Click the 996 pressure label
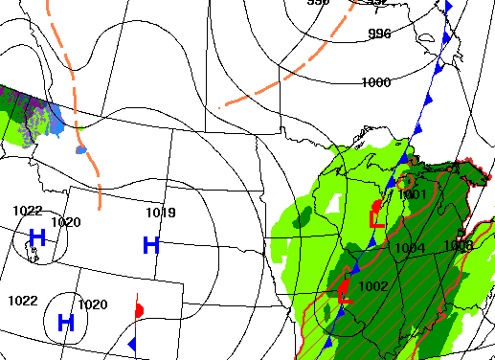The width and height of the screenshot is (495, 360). (x=380, y=34)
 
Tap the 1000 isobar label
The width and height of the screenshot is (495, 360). (x=375, y=82)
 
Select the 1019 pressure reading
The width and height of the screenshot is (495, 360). (x=161, y=213)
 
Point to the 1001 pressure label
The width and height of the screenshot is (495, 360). (x=412, y=194)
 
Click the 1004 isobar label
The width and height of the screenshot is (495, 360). (x=410, y=249)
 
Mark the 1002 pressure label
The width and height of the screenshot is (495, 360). (x=372, y=286)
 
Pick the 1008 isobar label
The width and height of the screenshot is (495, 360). (x=458, y=246)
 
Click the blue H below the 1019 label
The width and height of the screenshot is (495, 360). (x=150, y=245)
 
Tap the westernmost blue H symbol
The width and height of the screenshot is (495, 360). (x=37, y=236)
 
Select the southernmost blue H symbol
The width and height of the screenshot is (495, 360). (x=66, y=322)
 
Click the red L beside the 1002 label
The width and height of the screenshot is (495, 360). (x=346, y=297)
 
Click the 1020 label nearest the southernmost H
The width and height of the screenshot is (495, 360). (x=92, y=304)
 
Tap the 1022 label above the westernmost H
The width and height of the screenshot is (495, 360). (x=27, y=211)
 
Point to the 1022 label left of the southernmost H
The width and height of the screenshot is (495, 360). (x=22, y=301)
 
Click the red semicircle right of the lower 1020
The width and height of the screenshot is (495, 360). (x=140, y=310)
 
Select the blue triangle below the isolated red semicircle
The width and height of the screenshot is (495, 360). (x=133, y=344)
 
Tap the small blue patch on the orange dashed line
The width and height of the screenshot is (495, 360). (x=80, y=149)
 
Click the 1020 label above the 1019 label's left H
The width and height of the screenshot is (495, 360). (x=66, y=222)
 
